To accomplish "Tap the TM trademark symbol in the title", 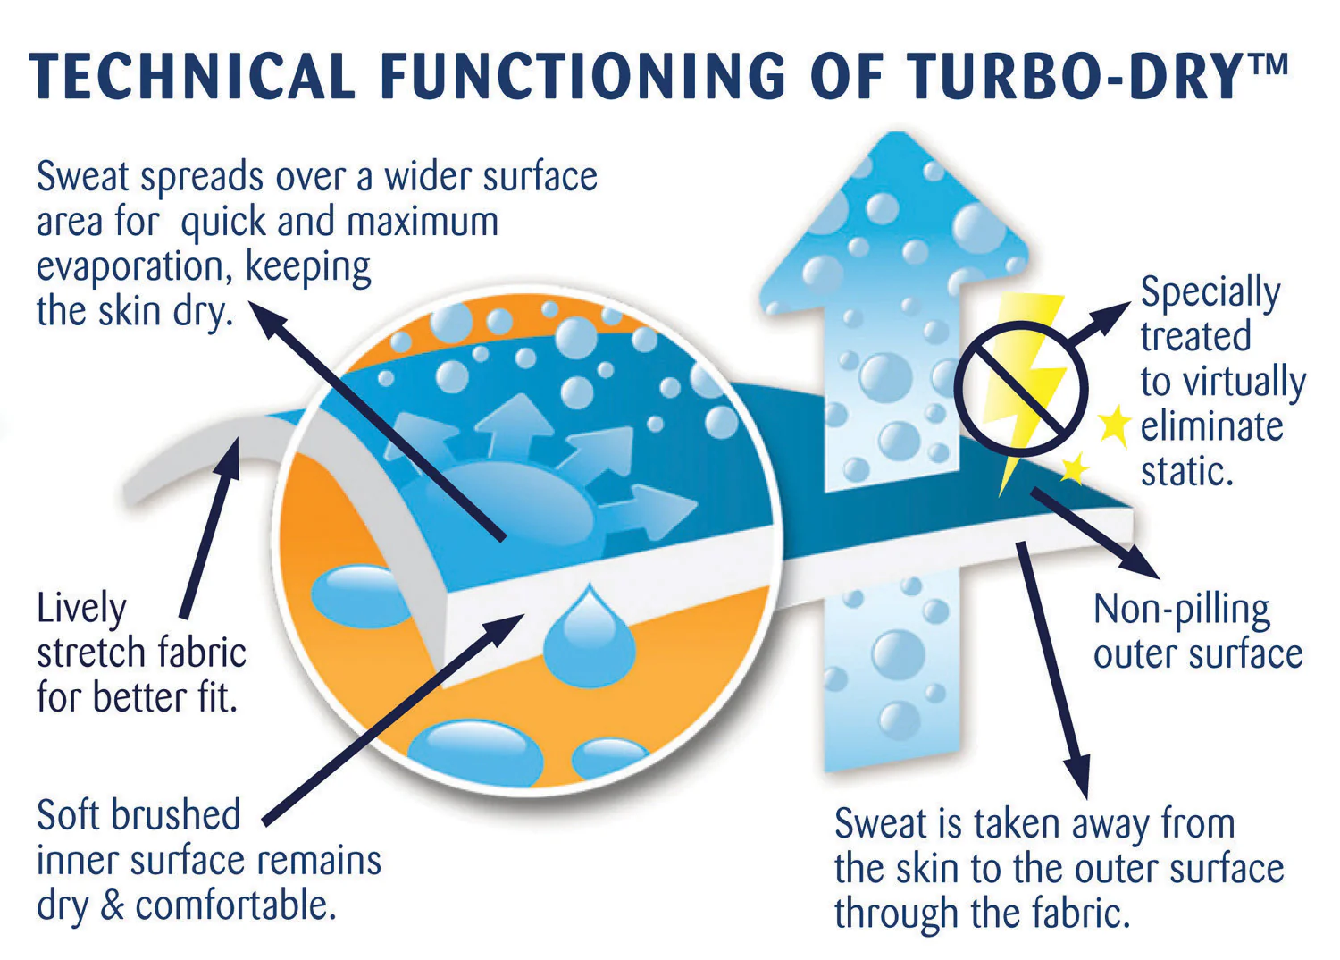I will point(1267,63).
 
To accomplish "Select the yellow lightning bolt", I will point(1027,384).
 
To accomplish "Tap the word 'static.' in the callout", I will point(1187,471).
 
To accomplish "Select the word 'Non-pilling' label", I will point(1182,611).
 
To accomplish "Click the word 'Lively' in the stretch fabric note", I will point(81,610).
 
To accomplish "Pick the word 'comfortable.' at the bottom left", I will point(237,905).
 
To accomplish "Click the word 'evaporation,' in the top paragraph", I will point(134,267).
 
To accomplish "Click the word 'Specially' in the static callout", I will point(1210,293).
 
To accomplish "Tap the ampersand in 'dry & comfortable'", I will point(113,905).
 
